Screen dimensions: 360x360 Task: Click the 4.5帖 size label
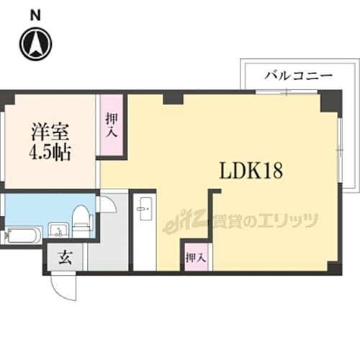(x=50, y=153)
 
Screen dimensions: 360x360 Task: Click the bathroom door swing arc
(x=108, y=203)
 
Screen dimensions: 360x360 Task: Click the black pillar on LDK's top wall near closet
(x=171, y=98)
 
